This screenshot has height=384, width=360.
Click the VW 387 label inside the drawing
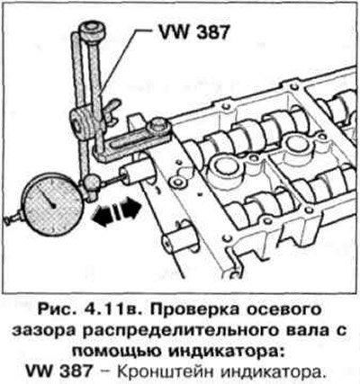tap(193, 31)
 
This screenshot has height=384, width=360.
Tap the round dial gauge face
tap(53, 203)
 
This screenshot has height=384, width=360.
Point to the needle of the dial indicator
tap(48, 197)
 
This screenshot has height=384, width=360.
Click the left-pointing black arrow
tap(103, 215)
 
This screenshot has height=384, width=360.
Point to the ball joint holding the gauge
tap(91, 183)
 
